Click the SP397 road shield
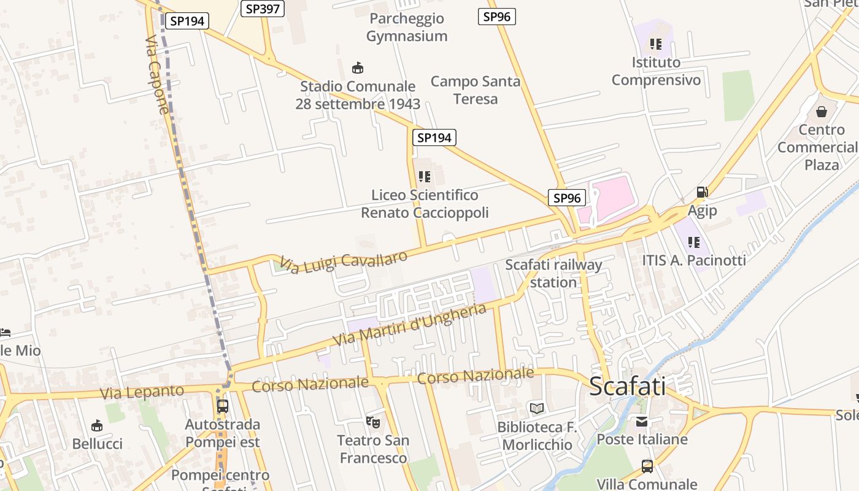pos(263,9)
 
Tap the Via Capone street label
pos(157,75)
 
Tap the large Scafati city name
pos(627,386)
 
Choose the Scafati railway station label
pos(553,274)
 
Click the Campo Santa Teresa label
pos(476,90)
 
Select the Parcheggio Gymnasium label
pos(407,28)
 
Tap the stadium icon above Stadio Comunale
pos(357,68)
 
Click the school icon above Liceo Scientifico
pos(425,177)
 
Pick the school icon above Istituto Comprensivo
pos(656,44)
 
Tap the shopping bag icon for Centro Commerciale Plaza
pos(822,112)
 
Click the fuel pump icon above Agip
pos(702,192)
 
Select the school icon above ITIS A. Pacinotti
pos(694,242)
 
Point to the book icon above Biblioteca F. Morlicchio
pos(537,408)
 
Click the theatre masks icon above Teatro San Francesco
pos(372,422)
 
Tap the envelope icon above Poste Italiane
pos(642,421)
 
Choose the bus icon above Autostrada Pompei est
pos(223,406)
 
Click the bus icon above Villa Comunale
pos(647,466)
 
